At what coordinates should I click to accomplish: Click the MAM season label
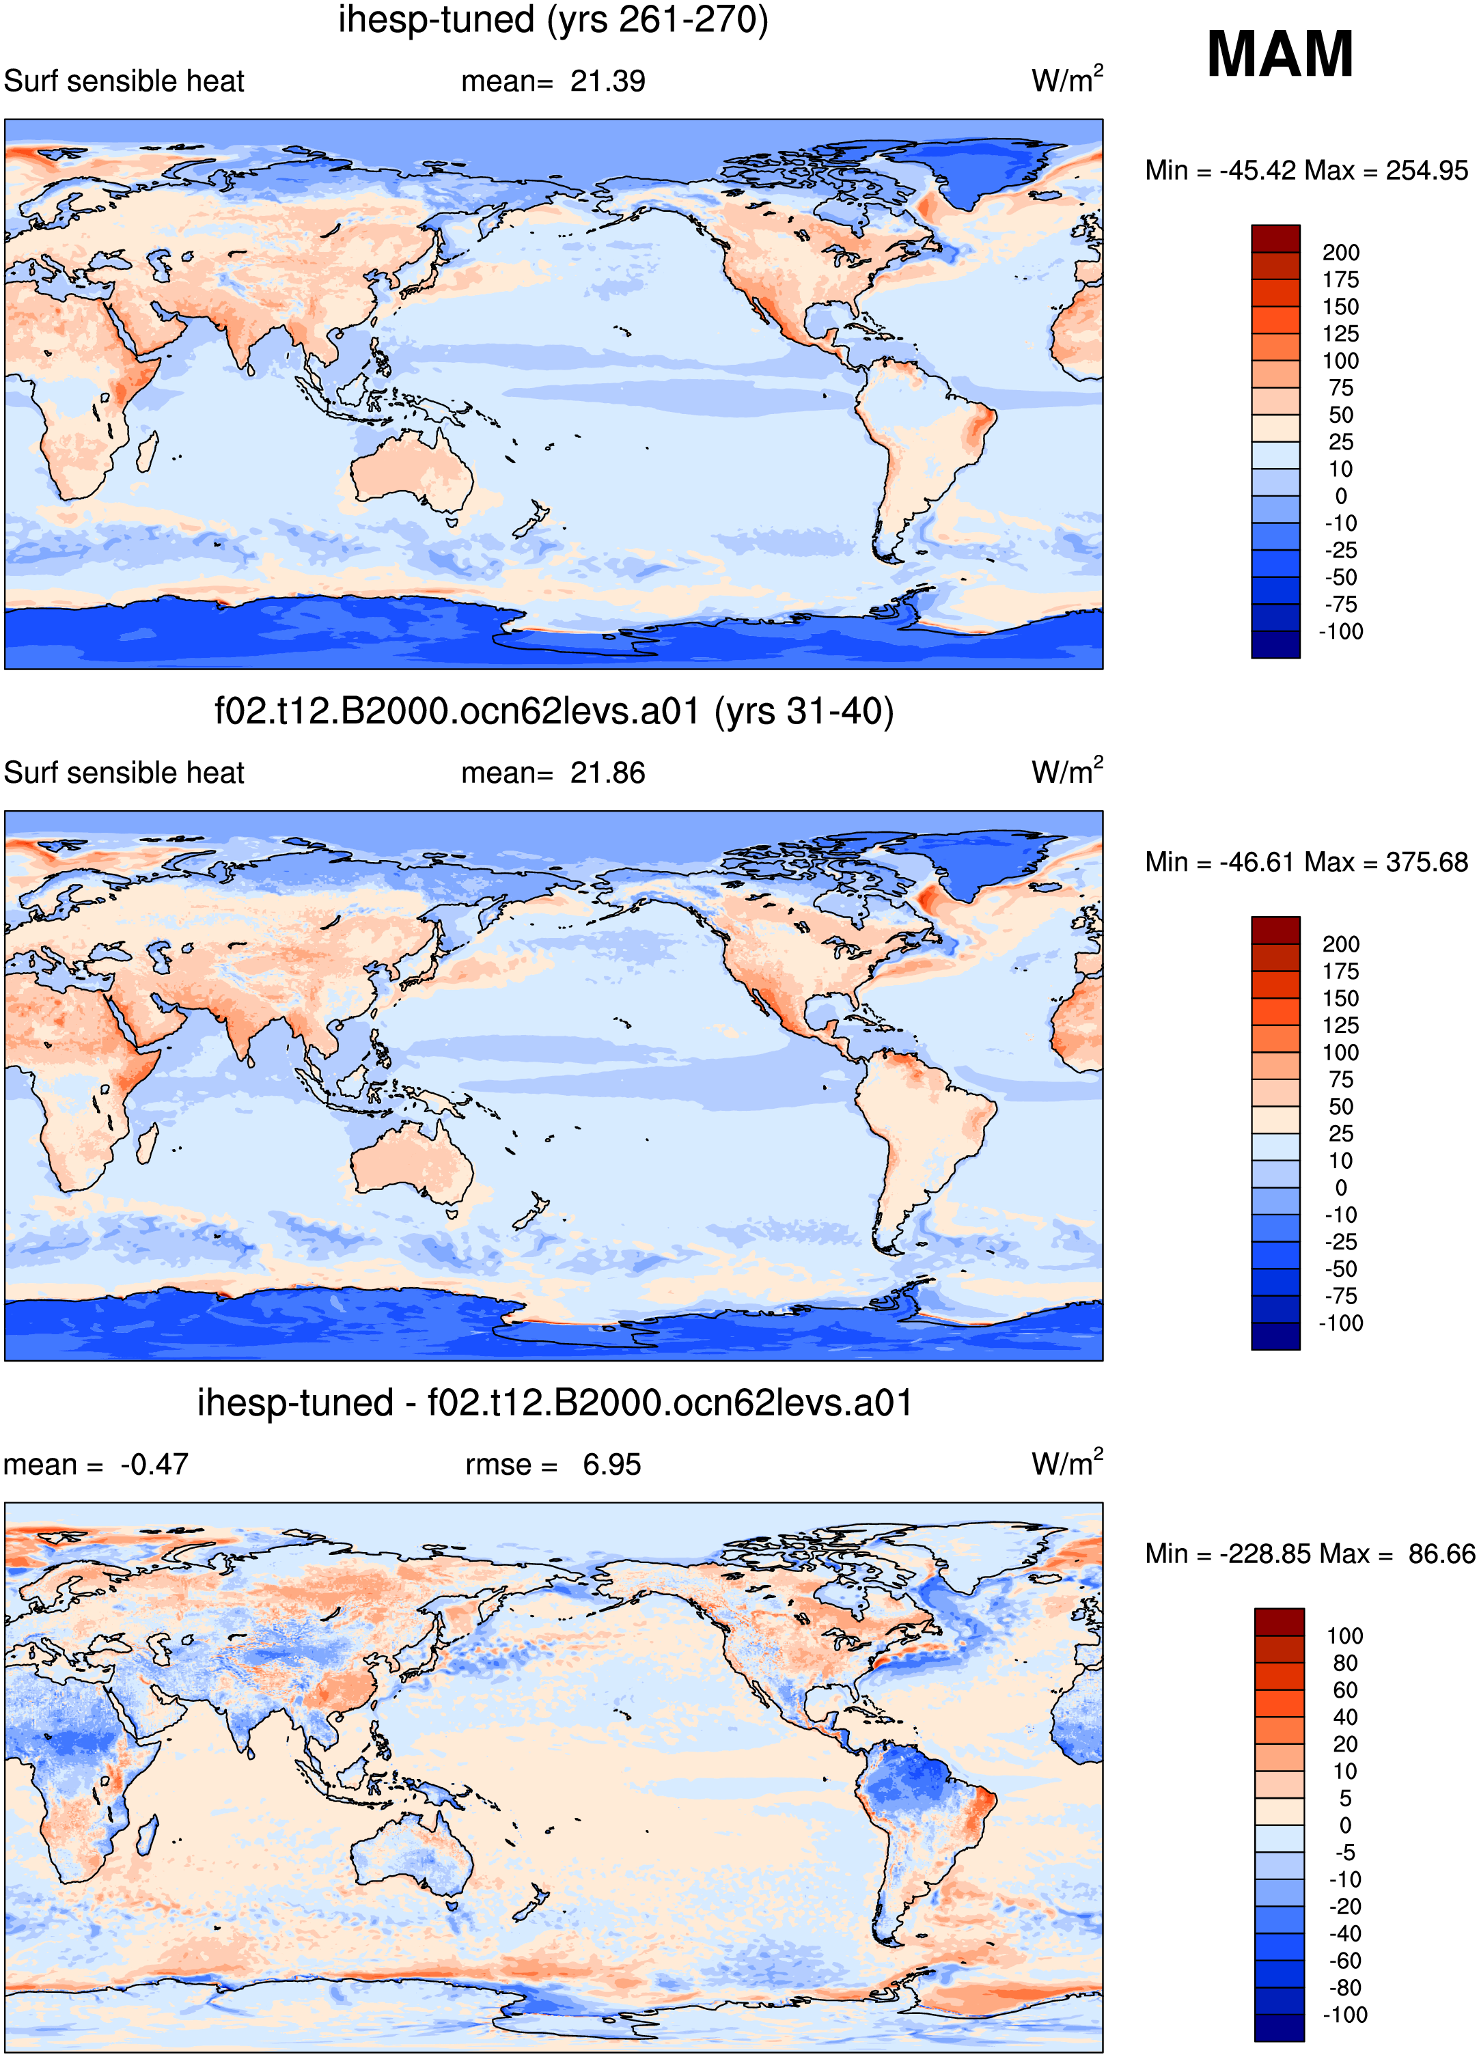[x=1280, y=55]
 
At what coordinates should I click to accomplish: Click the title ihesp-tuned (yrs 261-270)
[x=553, y=20]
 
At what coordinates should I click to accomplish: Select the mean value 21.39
[x=607, y=81]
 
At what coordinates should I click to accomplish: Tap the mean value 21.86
[x=607, y=773]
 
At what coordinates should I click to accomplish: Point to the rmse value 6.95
[x=612, y=1465]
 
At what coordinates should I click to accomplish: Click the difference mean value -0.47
[x=154, y=1465]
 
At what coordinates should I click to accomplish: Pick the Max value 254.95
[x=1426, y=171]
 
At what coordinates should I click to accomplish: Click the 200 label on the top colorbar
[x=1340, y=253]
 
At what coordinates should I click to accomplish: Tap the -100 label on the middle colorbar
[x=1340, y=1323]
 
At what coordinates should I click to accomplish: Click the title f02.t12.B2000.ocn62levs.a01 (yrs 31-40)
[x=554, y=712]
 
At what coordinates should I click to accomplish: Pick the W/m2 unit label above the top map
[x=1067, y=80]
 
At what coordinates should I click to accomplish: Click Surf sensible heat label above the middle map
[x=124, y=773]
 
